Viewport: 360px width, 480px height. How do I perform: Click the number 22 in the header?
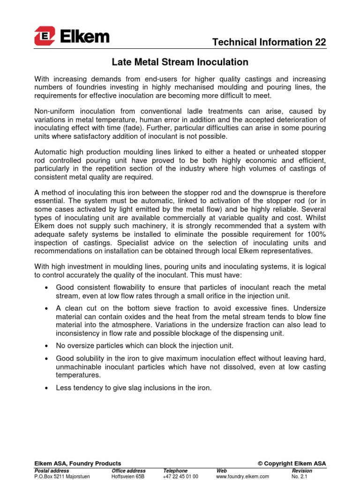(320, 42)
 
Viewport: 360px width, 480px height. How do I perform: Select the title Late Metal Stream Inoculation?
(180, 62)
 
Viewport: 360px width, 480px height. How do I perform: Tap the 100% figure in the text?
(315, 234)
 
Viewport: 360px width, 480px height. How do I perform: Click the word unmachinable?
(80, 367)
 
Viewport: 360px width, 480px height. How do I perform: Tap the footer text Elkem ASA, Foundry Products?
(78, 463)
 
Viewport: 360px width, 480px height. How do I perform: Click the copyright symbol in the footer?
(260, 463)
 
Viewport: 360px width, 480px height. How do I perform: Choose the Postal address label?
(52, 471)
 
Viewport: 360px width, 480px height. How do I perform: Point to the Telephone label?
(175, 471)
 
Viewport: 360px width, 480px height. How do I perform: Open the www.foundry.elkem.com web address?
(242, 476)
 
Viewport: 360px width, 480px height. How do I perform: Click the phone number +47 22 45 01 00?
(180, 476)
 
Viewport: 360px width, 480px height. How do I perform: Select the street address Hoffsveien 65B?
(128, 476)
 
